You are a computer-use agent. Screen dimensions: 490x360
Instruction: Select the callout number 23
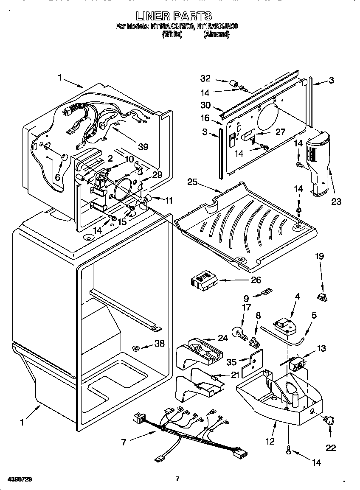pos(336,202)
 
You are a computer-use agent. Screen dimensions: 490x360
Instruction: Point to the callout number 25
pos(193,182)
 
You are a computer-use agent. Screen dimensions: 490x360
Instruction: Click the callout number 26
pos(256,280)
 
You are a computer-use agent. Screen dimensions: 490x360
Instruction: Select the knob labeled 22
pos(328,420)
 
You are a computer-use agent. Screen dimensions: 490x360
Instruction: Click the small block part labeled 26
pos(203,280)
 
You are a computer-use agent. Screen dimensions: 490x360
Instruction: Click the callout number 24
pos(223,338)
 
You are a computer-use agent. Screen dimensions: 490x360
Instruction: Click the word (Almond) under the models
pos(217,34)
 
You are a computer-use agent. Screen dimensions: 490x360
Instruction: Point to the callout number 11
pos(169,200)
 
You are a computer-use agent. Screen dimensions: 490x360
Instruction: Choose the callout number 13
pos(321,348)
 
